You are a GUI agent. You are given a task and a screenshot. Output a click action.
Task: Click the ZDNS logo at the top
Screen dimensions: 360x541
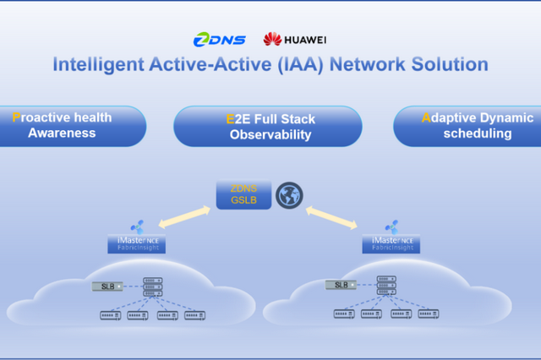219,39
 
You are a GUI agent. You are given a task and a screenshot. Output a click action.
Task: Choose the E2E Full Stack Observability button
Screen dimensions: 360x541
269,127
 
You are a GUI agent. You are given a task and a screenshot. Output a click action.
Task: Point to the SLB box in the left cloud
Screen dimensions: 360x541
108,286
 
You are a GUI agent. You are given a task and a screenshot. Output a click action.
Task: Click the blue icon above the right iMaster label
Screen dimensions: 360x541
391,226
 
